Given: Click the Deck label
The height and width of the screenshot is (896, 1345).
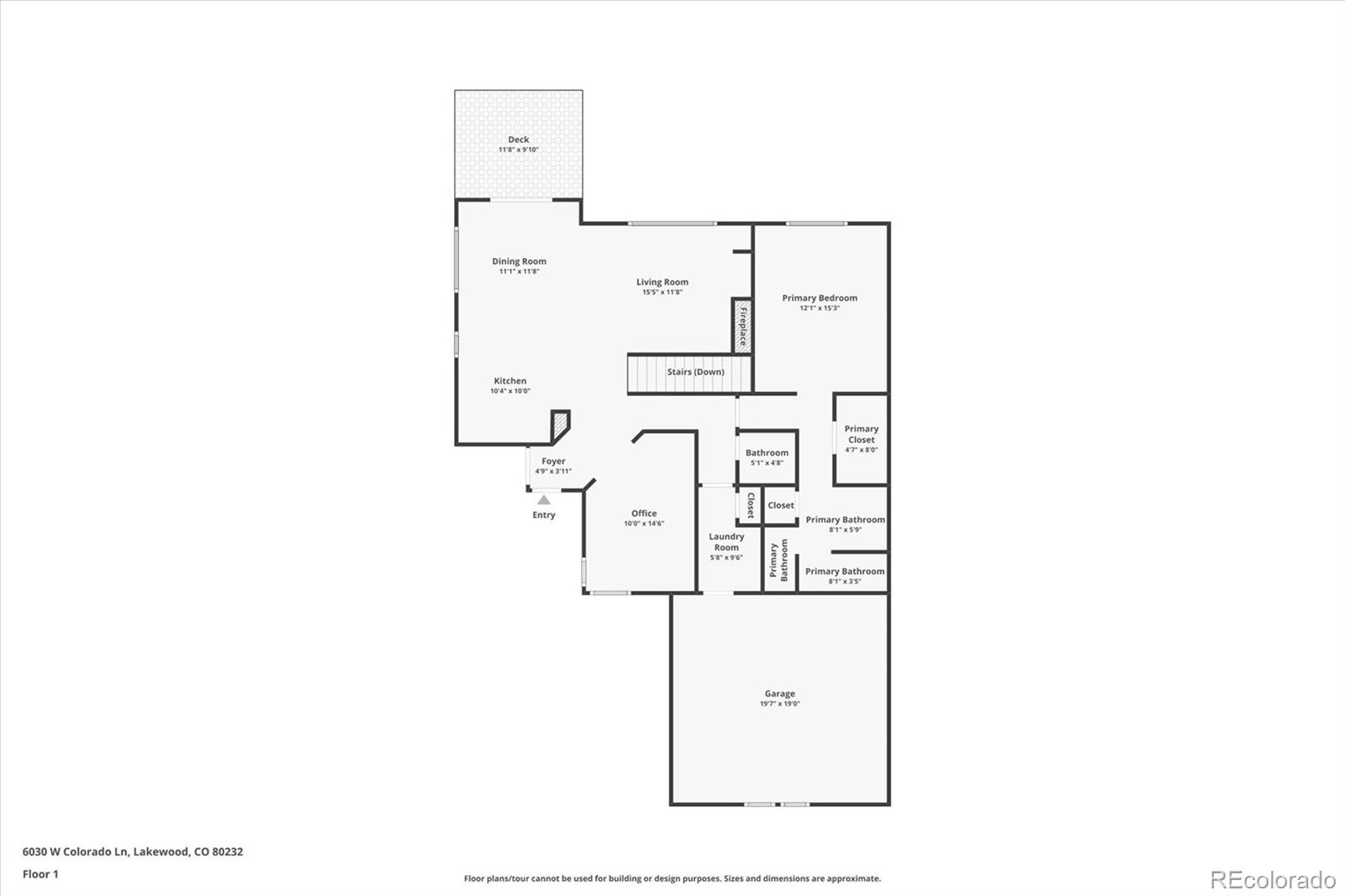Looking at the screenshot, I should [519, 140].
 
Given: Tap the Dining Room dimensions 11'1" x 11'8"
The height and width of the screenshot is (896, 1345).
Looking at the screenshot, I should [519, 271].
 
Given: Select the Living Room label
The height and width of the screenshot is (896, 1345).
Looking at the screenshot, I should [662, 282].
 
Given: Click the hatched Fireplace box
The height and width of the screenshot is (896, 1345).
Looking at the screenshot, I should [741, 324].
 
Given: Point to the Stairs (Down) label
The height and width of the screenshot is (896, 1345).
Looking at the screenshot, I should [695, 372].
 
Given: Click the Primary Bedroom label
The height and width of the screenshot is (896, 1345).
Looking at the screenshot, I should [820, 298].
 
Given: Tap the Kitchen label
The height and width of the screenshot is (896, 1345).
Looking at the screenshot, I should [510, 381].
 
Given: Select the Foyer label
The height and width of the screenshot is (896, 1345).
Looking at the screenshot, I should [553, 461].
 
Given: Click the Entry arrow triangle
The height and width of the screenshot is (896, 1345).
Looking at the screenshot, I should [544, 500].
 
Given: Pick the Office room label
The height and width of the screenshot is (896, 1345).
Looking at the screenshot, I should [644, 513].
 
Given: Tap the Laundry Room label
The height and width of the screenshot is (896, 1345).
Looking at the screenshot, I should [726, 541].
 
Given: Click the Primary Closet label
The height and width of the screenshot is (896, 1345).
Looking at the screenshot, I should [861, 434].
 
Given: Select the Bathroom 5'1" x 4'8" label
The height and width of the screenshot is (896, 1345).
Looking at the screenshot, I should [767, 453].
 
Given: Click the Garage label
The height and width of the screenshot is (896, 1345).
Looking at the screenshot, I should [779, 693].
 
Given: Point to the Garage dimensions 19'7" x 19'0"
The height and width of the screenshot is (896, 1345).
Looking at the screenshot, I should [779, 704].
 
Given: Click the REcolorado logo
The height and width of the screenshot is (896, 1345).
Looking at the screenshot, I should [1272, 879].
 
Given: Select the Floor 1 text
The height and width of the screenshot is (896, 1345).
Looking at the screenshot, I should [40, 874].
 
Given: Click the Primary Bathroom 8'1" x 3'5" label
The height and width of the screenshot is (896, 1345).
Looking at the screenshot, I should [844, 572].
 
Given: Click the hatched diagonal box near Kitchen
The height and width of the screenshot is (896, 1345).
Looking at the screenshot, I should [559, 425].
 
